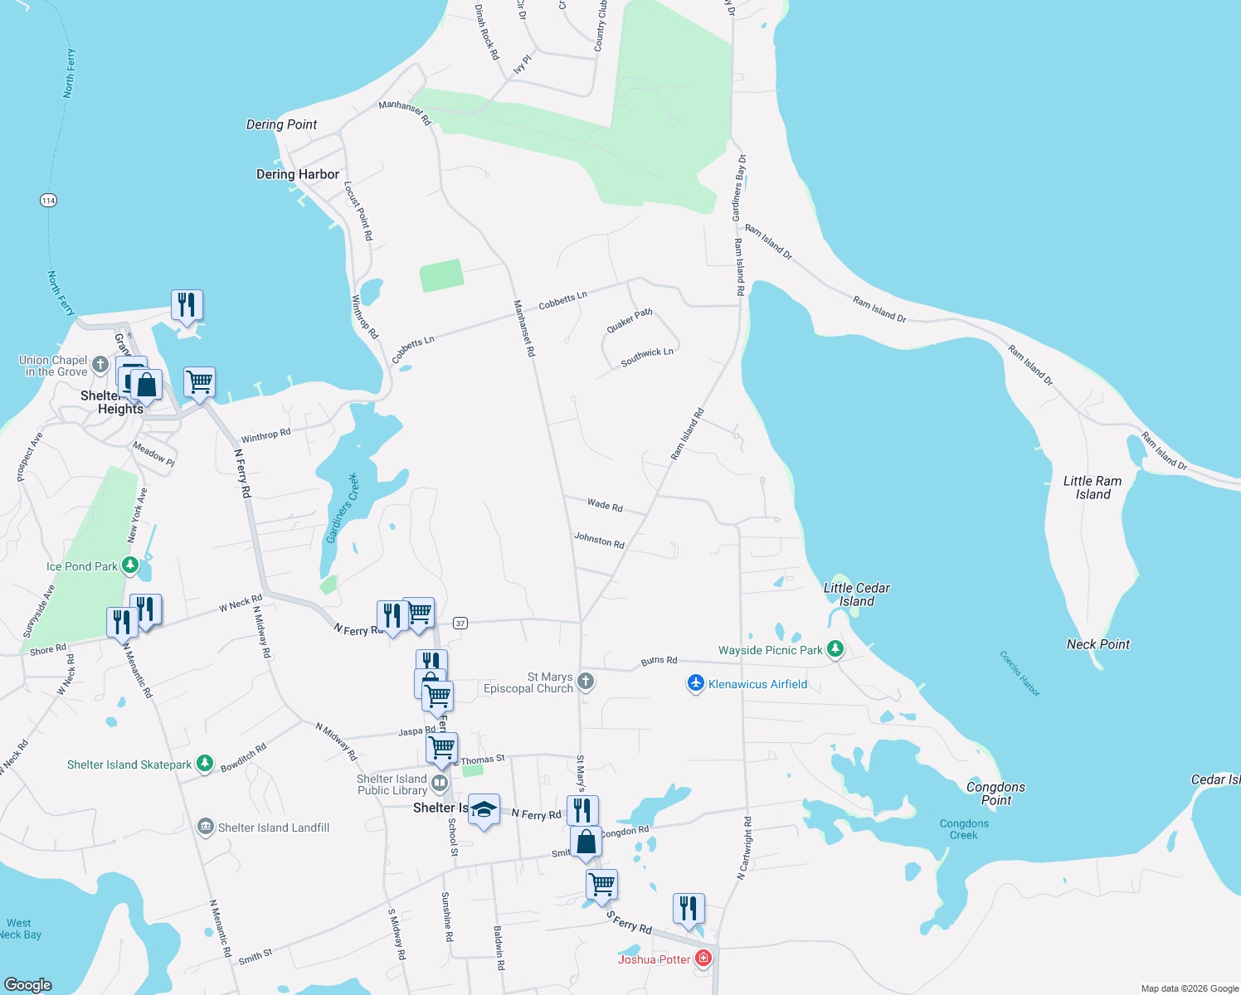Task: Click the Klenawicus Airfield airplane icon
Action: point(696,684)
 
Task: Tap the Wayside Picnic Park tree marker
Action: point(835,649)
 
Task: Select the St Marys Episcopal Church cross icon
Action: point(586,682)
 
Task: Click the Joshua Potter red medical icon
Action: point(703,959)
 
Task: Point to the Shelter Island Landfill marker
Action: point(206,827)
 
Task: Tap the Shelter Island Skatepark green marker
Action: point(205,764)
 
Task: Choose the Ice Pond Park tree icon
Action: point(130,565)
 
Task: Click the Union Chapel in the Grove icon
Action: point(100,365)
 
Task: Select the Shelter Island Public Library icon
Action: point(440,783)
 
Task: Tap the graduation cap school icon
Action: point(484,809)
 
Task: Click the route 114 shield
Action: point(48,200)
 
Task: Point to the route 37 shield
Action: point(460,623)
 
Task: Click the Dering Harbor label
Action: point(297,174)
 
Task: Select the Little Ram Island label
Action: point(1092,488)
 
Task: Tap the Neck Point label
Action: point(1097,644)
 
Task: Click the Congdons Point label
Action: point(995,794)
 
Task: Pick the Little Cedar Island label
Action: point(856,595)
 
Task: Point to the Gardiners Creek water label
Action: point(343,508)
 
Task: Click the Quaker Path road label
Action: point(629,321)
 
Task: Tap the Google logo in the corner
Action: point(27,984)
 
